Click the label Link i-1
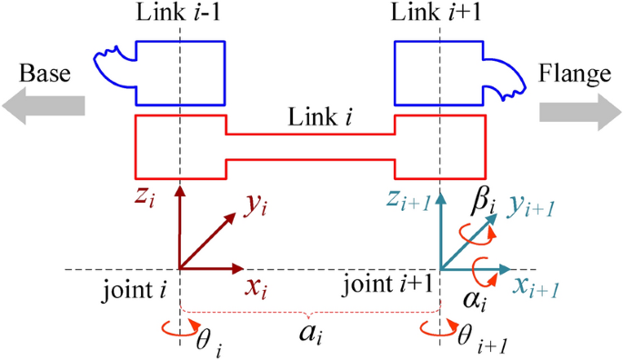click(x=180, y=14)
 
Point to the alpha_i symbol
click(x=472, y=298)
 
